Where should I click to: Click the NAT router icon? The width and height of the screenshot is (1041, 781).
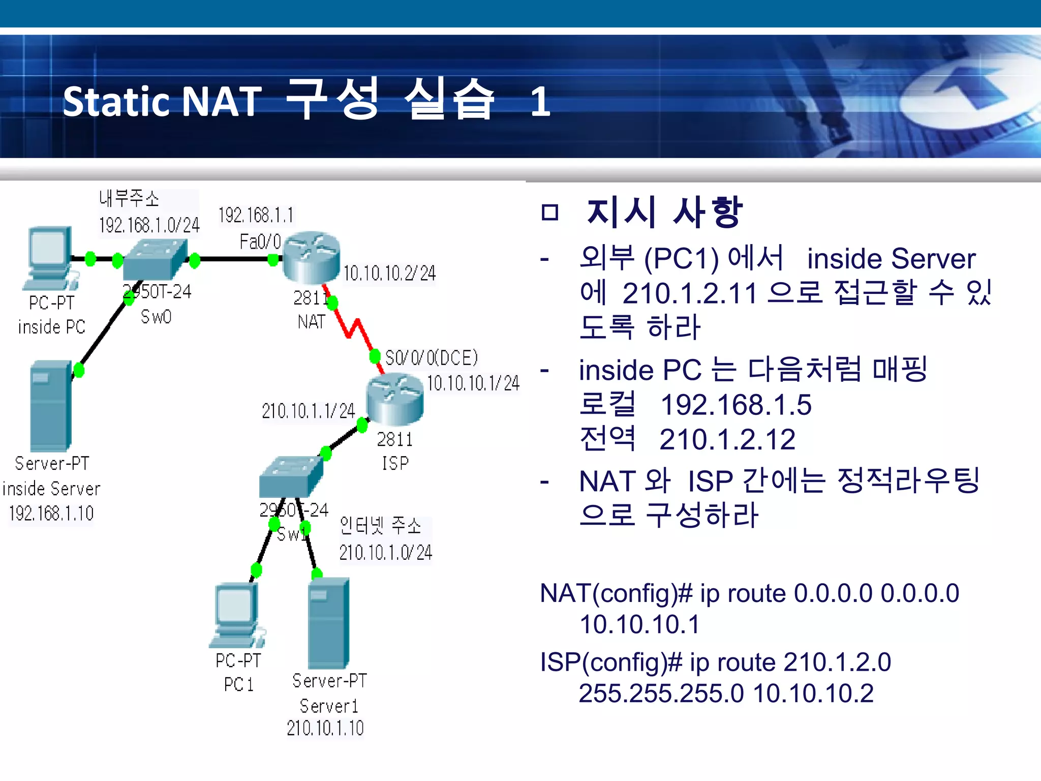[x=311, y=257]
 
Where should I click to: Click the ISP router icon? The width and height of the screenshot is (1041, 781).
[x=394, y=399]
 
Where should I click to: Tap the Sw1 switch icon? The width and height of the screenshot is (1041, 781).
[x=291, y=476]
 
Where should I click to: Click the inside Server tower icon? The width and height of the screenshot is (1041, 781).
[x=51, y=406]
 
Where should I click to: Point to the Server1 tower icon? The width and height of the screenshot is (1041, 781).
[x=329, y=623]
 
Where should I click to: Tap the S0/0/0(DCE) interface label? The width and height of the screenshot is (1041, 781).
[x=432, y=358]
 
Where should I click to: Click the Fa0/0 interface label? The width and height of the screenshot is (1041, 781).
[x=260, y=242]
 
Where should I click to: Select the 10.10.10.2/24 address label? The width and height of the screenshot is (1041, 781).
[x=389, y=274]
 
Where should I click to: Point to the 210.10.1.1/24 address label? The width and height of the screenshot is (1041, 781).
[x=308, y=411]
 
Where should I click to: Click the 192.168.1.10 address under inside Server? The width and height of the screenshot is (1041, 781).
[x=51, y=514]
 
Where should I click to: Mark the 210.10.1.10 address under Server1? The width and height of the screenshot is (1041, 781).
[x=325, y=728]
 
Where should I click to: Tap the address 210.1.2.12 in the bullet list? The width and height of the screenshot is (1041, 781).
[x=727, y=439]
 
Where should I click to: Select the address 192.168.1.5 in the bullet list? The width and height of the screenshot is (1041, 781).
[x=736, y=405]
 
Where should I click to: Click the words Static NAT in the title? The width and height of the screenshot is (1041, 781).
[x=162, y=101]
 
